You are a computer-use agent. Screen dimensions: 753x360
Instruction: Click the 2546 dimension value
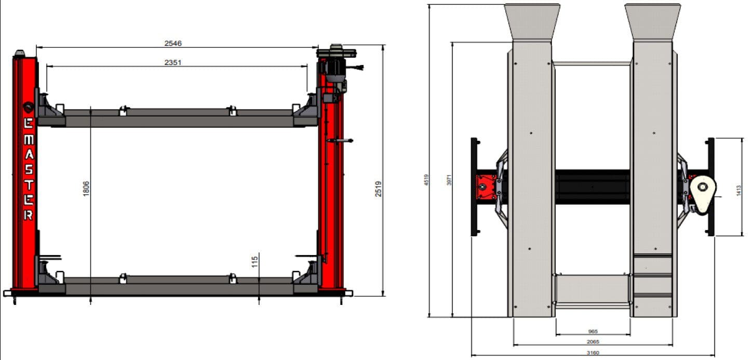click(x=173, y=43)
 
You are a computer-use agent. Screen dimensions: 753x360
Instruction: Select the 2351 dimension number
click(x=173, y=62)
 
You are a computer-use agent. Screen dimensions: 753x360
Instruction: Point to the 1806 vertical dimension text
click(x=86, y=189)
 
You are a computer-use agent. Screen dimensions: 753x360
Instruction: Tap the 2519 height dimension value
click(x=379, y=189)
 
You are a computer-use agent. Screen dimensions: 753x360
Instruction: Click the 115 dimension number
click(x=254, y=262)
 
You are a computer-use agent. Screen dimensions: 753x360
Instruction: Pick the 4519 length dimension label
click(x=426, y=180)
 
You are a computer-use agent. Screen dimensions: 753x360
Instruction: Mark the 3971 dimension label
click(x=449, y=180)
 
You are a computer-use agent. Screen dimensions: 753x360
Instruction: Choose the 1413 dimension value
click(x=738, y=191)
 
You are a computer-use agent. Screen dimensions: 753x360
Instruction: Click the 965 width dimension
click(x=593, y=331)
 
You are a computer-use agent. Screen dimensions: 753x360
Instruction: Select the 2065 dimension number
click(x=593, y=341)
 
